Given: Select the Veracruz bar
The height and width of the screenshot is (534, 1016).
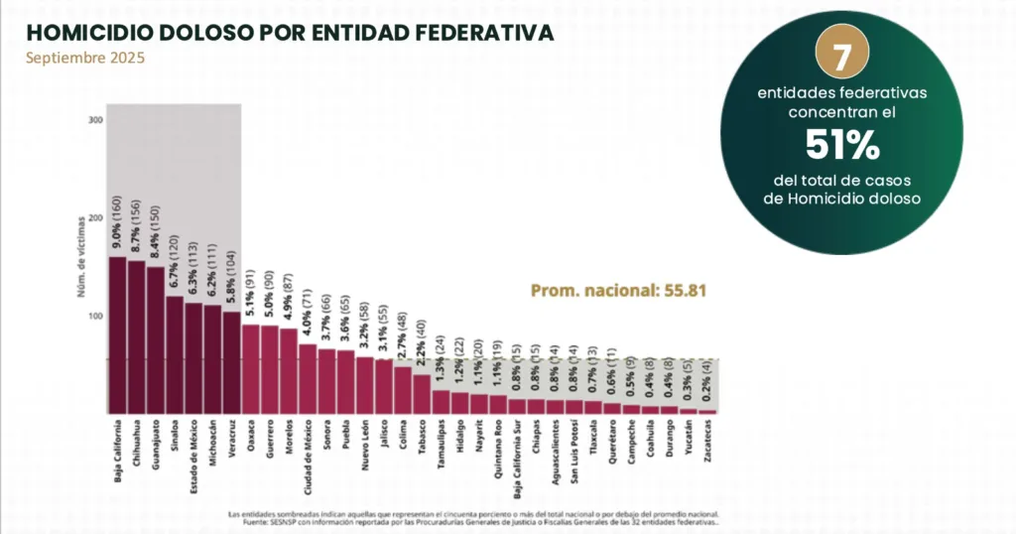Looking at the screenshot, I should click(231, 362).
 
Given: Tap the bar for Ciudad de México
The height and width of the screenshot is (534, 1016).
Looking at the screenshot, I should click(308, 378).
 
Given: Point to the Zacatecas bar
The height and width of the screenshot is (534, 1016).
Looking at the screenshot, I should click(707, 411).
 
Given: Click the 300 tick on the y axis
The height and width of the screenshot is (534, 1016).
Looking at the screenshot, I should click(96, 120).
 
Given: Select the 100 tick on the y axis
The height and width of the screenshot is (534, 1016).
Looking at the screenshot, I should click(96, 316).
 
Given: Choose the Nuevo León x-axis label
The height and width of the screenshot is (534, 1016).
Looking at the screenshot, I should click(366, 447).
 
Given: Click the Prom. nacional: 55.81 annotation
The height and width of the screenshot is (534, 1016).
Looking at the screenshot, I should click(617, 291).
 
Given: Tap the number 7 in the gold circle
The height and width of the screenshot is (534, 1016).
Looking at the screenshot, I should click(840, 57).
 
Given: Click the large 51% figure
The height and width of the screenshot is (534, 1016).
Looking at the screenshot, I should click(841, 148).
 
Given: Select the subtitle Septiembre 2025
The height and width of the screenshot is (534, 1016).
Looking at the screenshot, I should click(85, 58).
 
